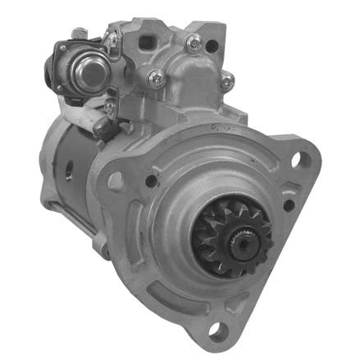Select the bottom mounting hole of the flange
click(217, 330)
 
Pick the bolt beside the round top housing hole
click(193, 43)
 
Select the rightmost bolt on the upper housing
click(227, 80)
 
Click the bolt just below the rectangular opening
click(154, 78)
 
